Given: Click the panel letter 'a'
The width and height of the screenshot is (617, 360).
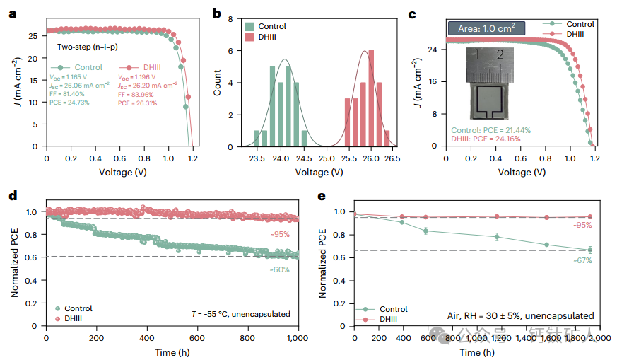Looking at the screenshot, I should [x=12, y=13].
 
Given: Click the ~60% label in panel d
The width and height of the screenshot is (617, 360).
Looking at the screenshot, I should [x=281, y=269].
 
